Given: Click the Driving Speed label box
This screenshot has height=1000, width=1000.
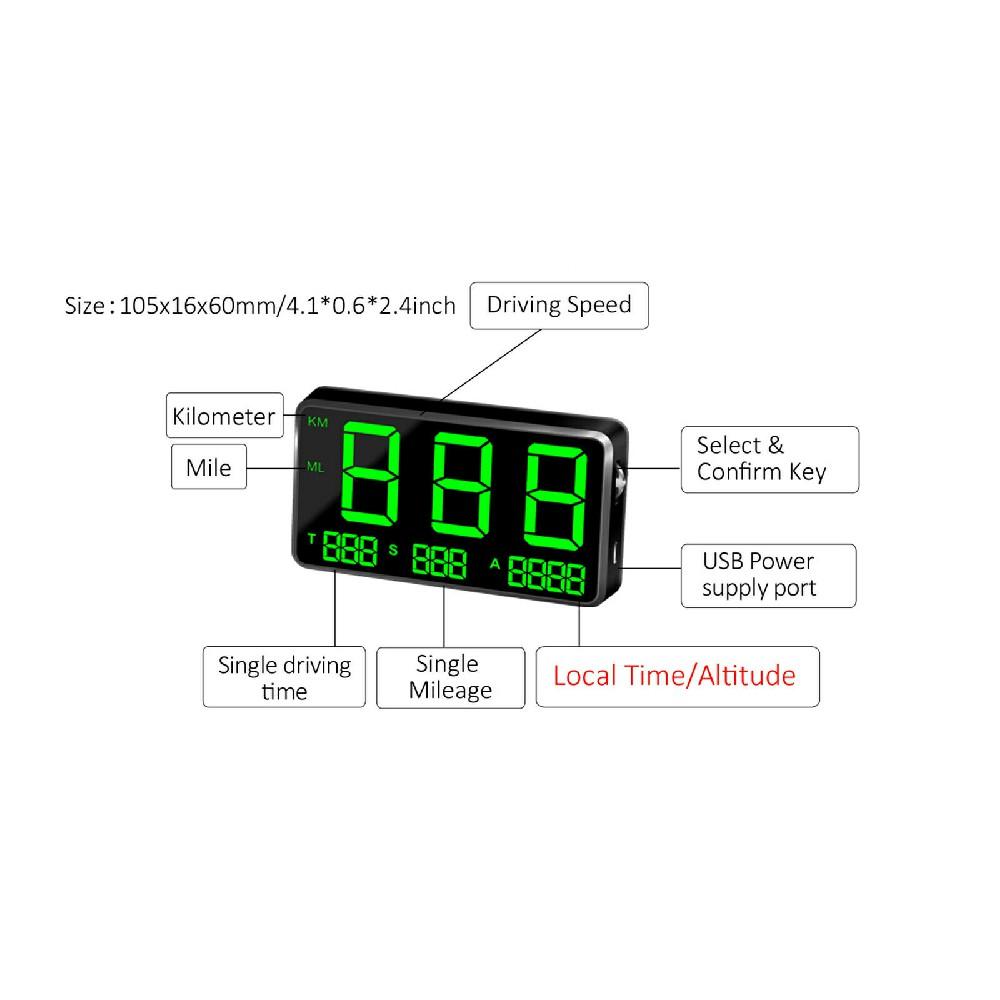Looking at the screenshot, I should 559,305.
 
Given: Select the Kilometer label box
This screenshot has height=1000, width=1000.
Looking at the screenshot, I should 223,415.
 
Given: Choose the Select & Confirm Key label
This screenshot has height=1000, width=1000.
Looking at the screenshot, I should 769,458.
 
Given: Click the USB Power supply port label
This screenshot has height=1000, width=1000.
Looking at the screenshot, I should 768,575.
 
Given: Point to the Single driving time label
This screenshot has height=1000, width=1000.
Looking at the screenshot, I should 284,677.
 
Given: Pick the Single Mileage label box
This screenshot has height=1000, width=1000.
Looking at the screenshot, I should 450,677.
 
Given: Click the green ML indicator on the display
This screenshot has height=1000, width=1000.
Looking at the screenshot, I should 316,467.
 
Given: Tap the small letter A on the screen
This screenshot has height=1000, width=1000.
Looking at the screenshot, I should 494,563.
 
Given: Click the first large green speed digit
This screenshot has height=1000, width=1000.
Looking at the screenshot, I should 374,474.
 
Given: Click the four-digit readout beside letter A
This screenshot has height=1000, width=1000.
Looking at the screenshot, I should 546,576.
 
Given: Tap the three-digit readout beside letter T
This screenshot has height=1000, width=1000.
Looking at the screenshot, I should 349,552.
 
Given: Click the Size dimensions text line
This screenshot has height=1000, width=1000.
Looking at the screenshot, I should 260,306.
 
